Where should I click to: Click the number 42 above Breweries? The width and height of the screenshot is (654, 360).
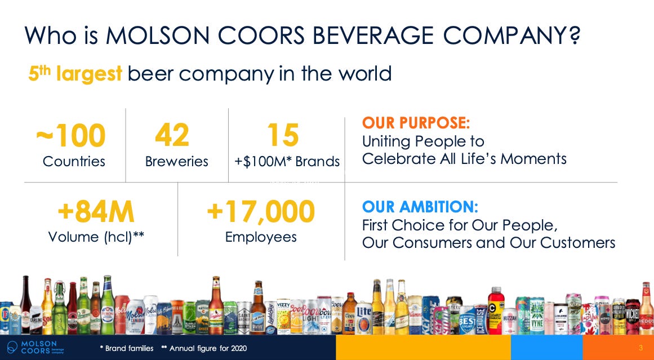tap(172, 136)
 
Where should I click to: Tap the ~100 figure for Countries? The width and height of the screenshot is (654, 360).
tap(71, 136)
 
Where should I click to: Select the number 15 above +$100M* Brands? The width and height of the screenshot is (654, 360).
tap(282, 136)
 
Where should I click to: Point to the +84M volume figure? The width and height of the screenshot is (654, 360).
tap(96, 212)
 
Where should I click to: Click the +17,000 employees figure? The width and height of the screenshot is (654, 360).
tap(260, 212)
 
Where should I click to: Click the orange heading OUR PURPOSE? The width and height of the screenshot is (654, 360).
tap(416, 123)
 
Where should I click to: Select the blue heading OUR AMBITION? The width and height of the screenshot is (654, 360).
tap(420, 207)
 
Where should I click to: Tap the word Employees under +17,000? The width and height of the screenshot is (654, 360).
tap(260, 237)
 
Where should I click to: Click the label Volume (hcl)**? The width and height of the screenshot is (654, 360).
tap(96, 237)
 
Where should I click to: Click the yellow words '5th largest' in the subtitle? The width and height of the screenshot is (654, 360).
tap(75, 74)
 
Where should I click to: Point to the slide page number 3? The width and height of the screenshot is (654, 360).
tap(640, 347)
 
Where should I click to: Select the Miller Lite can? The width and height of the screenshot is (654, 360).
tap(363, 316)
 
